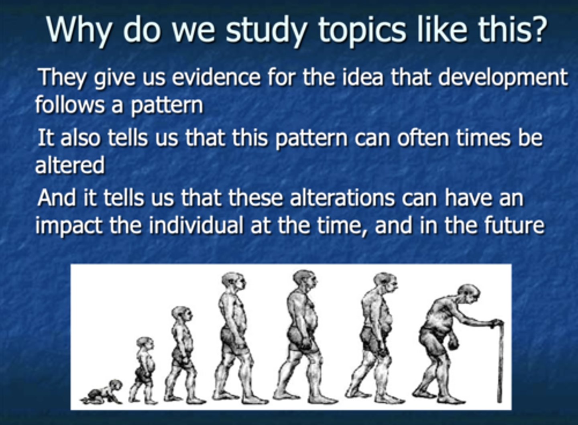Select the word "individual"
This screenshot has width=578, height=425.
click(196, 225)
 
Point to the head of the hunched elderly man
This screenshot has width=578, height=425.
click(468, 294)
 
